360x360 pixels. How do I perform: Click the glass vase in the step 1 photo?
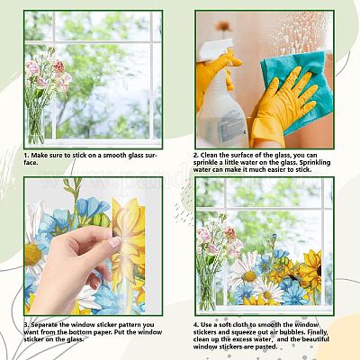pyautogui.click(x=36, y=121)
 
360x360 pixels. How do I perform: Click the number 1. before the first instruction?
pyautogui.click(x=26, y=155)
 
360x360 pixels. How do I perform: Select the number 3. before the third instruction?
pyautogui.click(x=26, y=322)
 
